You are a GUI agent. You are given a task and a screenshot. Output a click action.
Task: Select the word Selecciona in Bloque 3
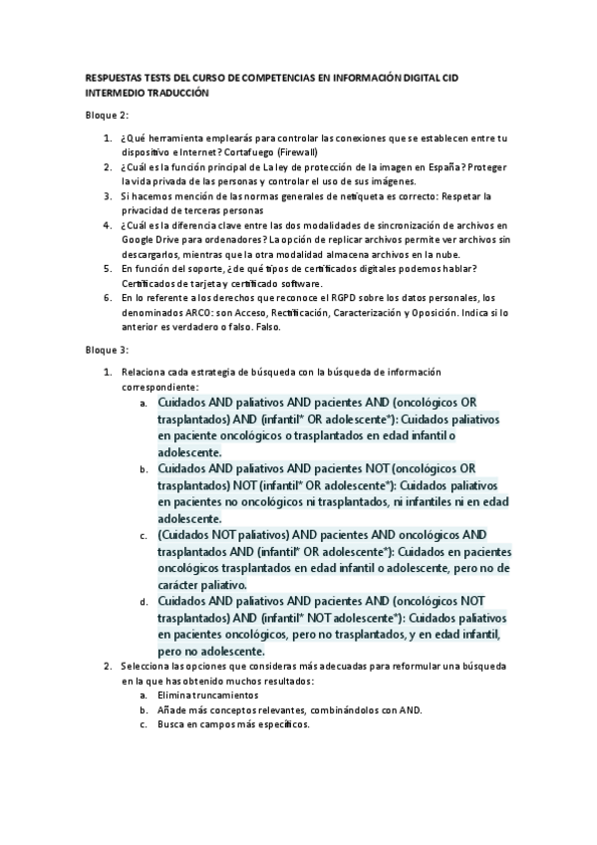click(149, 665)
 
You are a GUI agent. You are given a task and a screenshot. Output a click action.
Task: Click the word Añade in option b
click(174, 709)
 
